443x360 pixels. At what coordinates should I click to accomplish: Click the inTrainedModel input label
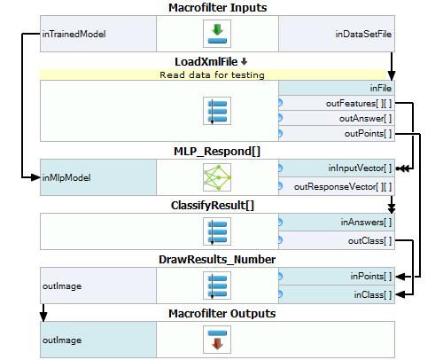tap(74, 34)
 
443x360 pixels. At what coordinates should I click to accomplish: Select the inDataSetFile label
tap(363, 34)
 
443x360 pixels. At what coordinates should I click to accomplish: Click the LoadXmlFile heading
tap(206, 62)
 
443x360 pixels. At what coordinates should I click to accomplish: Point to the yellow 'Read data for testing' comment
tap(212, 74)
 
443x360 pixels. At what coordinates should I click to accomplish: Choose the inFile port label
tap(380, 88)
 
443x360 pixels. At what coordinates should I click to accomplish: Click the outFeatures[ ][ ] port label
tap(359, 104)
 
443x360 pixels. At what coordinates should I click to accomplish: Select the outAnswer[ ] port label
tap(365, 119)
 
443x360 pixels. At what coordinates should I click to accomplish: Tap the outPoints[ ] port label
tap(368, 134)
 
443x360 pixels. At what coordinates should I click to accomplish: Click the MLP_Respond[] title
tap(217, 152)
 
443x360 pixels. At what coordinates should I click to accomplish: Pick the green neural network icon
tap(217, 177)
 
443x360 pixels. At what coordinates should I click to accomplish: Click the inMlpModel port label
tap(66, 177)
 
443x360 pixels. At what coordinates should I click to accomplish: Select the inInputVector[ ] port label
tap(360, 168)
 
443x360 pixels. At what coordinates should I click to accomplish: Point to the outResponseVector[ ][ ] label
tap(343, 187)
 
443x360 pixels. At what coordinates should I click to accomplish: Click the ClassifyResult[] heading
tap(213, 206)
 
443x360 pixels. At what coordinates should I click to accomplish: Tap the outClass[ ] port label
tap(369, 241)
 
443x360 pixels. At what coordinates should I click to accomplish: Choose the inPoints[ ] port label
tap(371, 277)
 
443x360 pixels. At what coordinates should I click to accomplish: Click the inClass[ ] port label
tap(373, 294)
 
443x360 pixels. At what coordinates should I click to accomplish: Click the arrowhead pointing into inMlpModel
tap(35, 177)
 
